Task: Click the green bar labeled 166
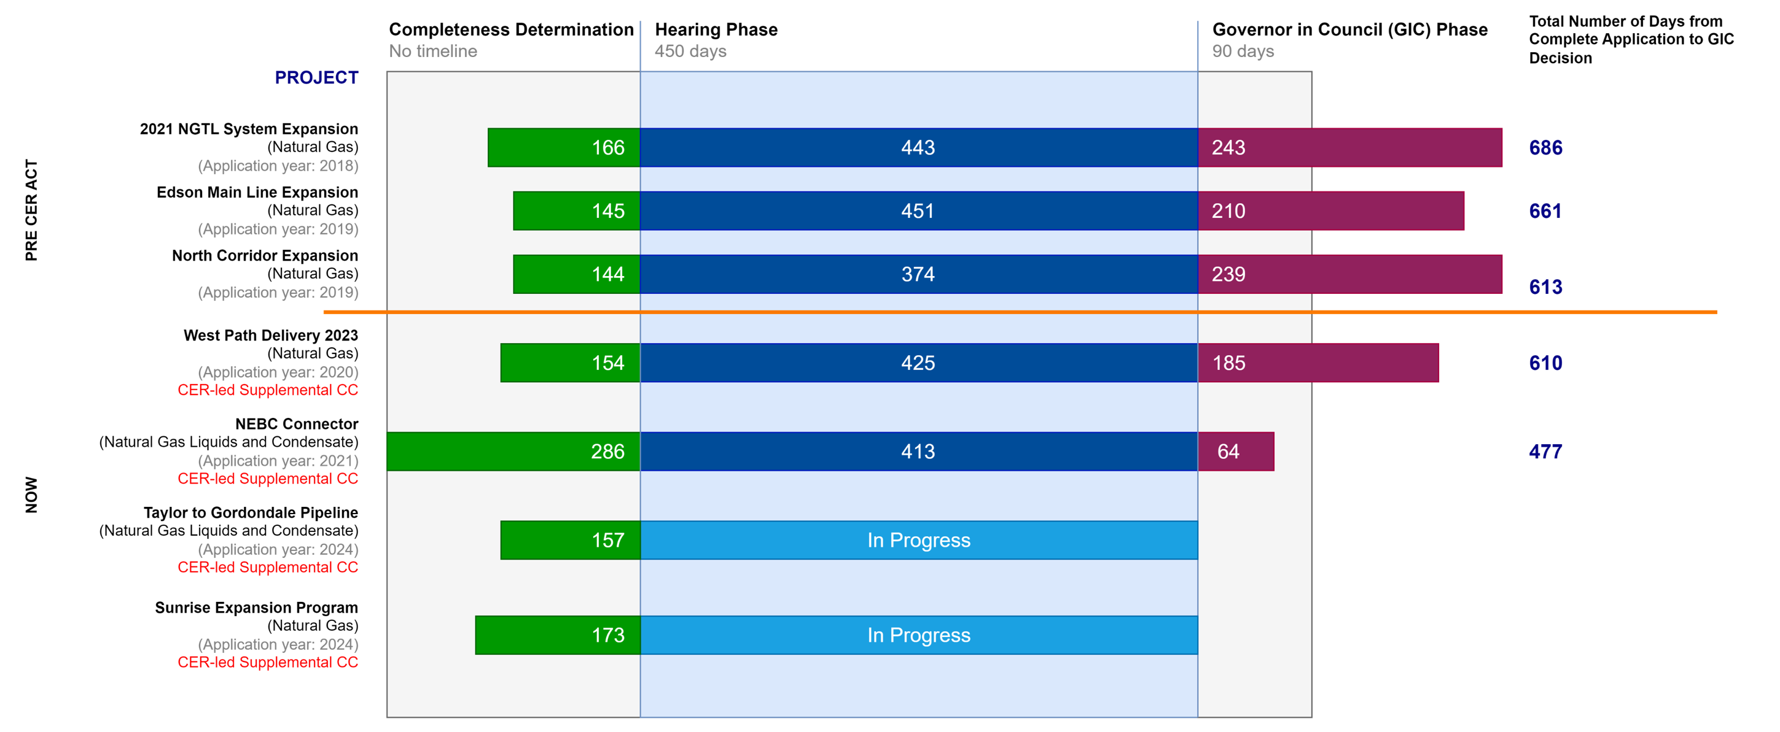pyautogui.click(x=563, y=147)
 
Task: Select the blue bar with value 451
pyautogui.click(x=918, y=210)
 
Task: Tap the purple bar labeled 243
pyautogui.click(x=1349, y=147)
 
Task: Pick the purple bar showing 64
pyautogui.click(x=1236, y=452)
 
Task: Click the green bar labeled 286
pyautogui.click(x=513, y=452)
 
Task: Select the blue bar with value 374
pyautogui.click(x=918, y=274)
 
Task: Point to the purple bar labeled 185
pyautogui.click(x=1317, y=363)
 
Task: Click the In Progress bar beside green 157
pyautogui.click(x=918, y=540)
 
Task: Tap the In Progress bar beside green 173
pyautogui.click(x=918, y=635)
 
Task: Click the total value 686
pyautogui.click(x=1546, y=148)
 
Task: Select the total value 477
pyautogui.click(x=1546, y=452)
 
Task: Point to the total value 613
pyautogui.click(x=1546, y=287)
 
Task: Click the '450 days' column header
pyautogui.click(x=690, y=51)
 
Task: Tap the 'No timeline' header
pyautogui.click(x=432, y=51)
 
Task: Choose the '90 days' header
pyautogui.click(x=1243, y=51)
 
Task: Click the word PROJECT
pyautogui.click(x=316, y=77)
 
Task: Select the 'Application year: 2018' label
pyautogui.click(x=278, y=166)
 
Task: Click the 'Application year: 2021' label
pyautogui.click(x=278, y=461)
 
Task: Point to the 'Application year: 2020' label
pyautogui.click(x=278, y=372)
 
